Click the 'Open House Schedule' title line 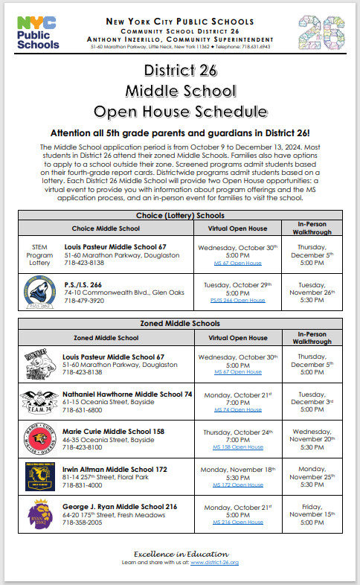point(179,112)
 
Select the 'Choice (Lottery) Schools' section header point(179,215)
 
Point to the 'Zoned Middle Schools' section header point(179,324)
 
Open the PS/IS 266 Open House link point(238,301)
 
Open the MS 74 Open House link point(238,409)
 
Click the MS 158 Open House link point(238,447)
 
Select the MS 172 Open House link point(238,485)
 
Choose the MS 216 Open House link point(238,522)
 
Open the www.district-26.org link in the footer point(214,563)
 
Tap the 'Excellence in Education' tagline point(179,554)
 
